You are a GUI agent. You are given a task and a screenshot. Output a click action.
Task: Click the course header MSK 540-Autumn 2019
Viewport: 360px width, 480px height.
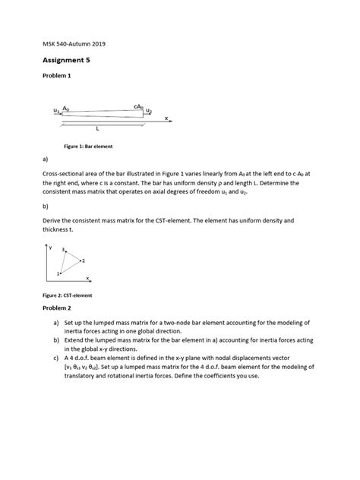point(74,44)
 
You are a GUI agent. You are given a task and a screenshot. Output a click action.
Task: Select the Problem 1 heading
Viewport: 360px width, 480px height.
point(57,86)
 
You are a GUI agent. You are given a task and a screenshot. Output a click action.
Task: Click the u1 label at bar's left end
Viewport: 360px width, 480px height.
point(57,111)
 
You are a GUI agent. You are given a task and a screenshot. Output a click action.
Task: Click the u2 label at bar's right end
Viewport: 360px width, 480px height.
point(149,112)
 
